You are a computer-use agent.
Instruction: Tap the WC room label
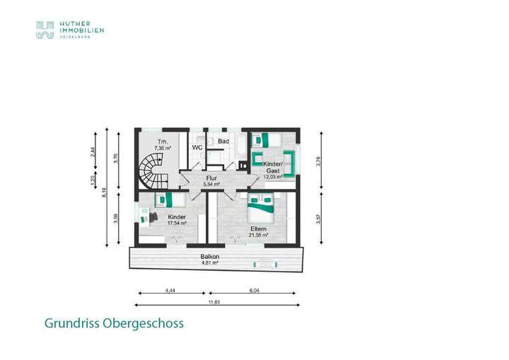pos(197,147)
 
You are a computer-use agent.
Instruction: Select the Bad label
pos(223,142)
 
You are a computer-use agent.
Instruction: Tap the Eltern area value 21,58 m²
pos(259,235)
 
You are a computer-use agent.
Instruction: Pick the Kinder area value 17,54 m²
pos(177,223)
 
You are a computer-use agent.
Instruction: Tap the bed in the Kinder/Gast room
pos(268,139)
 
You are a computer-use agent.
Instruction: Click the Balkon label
pos(209,257)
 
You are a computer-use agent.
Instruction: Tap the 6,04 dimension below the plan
pos(254,289)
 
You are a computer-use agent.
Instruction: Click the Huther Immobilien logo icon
pos(45,29)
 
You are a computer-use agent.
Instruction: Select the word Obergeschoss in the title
pos(144,323)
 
